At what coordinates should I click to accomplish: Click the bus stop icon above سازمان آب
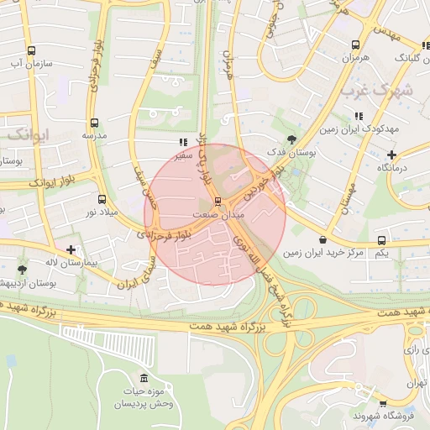(x=32, y=50)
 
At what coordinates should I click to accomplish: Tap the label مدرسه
(x=93, y=135)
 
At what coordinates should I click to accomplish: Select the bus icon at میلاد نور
(x=102, y=200)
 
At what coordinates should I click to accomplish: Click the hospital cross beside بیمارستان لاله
(x=71, y=249)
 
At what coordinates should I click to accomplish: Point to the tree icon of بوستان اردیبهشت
(x=21, y=270)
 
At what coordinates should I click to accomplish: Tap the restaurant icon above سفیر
(x=184, y=143)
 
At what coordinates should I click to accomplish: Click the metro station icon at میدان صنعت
(x=218, y=202)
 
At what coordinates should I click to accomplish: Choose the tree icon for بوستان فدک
(x=291, y=138)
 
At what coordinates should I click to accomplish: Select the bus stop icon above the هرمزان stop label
(x=356, y=45)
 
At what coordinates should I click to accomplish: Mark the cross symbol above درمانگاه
(x=391, y=155)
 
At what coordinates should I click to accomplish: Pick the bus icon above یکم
(x=382, y=240)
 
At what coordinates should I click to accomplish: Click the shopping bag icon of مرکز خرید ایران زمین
(x=311, y=240)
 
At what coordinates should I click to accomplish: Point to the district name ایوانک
(x=29, y=134)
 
